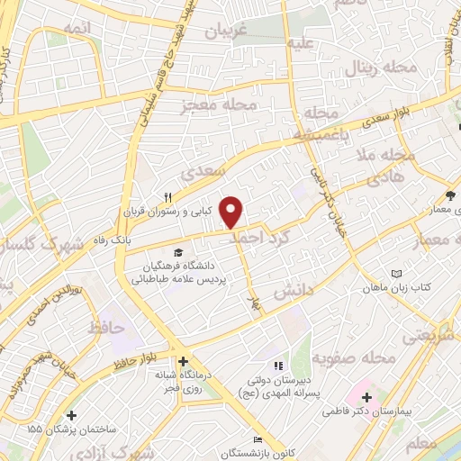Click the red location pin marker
(232, 212)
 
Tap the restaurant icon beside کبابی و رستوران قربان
(167, 198)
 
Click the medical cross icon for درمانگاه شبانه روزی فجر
(183, 362)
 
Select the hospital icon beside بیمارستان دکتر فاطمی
(366, 397)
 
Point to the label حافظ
(106, 329)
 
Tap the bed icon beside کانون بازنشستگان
(259, 439)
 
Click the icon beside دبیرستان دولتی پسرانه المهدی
(279, 366)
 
